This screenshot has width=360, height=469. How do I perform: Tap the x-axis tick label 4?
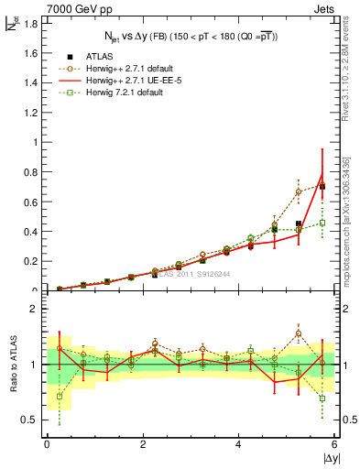[239, 444]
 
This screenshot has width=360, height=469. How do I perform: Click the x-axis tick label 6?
[335, 444]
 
